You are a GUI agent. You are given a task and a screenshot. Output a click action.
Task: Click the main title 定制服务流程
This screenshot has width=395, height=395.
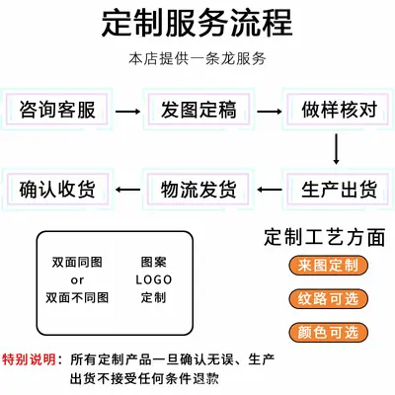click(197, 23)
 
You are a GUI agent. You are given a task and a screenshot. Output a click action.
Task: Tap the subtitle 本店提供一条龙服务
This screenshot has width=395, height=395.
click(197, 59)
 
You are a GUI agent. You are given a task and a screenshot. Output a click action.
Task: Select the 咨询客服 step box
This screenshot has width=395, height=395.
click(57, 110)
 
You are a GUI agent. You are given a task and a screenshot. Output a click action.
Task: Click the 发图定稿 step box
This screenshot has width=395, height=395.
click(198, 110)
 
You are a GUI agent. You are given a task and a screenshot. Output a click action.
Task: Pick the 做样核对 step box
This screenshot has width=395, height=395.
click(339, 110)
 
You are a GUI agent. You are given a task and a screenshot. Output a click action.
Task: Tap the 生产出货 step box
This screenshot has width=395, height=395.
click(339, 190)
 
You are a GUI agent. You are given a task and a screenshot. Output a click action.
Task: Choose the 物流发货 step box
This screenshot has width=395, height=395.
click(198, 190)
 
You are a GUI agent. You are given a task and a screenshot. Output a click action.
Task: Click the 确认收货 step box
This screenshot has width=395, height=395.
click(57, 190)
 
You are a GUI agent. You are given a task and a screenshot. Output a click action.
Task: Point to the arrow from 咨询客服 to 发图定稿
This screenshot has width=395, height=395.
click(127, 112)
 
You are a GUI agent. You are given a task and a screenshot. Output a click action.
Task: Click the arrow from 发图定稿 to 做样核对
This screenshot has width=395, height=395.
click(270, 112)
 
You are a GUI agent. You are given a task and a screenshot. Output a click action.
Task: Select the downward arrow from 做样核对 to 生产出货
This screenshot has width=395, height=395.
click(336, 149)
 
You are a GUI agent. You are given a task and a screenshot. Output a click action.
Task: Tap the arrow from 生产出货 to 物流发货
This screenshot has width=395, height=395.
click(270, 190)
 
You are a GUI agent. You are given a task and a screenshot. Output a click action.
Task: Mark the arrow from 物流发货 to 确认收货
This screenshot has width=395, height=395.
click(127, 190)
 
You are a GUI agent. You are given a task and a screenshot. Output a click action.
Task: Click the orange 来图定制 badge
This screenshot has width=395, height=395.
click(328, 266)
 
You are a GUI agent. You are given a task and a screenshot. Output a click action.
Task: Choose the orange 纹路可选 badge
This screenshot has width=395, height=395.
click(328, 298)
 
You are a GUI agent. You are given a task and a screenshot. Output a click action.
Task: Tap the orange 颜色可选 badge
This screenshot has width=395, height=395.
click(328, 332)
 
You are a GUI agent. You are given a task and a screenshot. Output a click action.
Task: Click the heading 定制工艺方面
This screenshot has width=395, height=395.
click(324, 237)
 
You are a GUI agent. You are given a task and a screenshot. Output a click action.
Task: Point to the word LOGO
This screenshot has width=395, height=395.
click(154, 280)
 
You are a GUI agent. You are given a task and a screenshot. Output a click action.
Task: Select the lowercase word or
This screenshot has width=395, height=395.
click(77, 280)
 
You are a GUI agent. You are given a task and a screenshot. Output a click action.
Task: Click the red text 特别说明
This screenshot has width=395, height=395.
click(29, 359)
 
